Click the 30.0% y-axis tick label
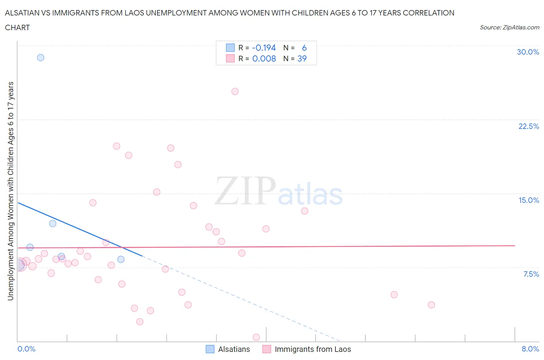click(528, 52)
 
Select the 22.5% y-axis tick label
click(528, 126)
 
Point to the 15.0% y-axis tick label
click(529, 200)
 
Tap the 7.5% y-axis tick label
click(531, 274)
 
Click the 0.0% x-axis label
click(26, 349)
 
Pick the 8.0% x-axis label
click(530, 349)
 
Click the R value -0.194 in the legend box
click(263, 48)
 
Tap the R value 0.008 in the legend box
click(264, 58)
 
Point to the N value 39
click(302, 58)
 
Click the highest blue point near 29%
click(41, 58)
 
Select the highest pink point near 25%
click(235, 91)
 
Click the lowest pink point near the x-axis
click(256, 337)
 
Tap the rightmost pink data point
click(431, 305)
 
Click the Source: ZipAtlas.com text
click(509, 27)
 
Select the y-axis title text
click(10, 191)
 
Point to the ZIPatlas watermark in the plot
click(279, 191)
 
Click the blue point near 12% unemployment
click(53, 223)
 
